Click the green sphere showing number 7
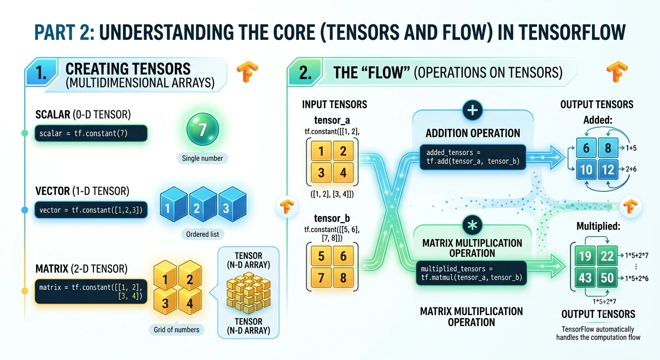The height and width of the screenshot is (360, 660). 202,129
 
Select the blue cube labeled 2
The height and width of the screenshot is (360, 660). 203,204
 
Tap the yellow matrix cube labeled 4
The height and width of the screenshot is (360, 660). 190,301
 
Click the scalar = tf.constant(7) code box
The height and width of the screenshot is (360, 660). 91,133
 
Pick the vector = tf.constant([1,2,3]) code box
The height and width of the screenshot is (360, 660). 91,210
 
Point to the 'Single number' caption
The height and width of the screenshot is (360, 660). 202,158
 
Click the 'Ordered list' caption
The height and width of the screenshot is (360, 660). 202,234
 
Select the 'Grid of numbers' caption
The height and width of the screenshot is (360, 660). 177,330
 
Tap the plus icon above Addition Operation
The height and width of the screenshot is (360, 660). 472,110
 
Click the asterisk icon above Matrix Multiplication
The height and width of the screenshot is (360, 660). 472,225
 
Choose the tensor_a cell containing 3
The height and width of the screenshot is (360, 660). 321,172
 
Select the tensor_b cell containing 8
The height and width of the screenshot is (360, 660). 343,277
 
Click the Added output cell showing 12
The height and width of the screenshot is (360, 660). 608,170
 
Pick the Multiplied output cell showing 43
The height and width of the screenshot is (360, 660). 585,277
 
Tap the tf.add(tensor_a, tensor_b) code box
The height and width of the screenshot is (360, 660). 473,157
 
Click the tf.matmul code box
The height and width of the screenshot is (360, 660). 472,273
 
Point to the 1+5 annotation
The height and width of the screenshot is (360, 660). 631,148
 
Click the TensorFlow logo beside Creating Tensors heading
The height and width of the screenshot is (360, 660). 247,71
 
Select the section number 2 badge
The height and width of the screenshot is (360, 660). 305,72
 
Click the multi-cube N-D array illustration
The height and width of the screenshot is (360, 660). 248,292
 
